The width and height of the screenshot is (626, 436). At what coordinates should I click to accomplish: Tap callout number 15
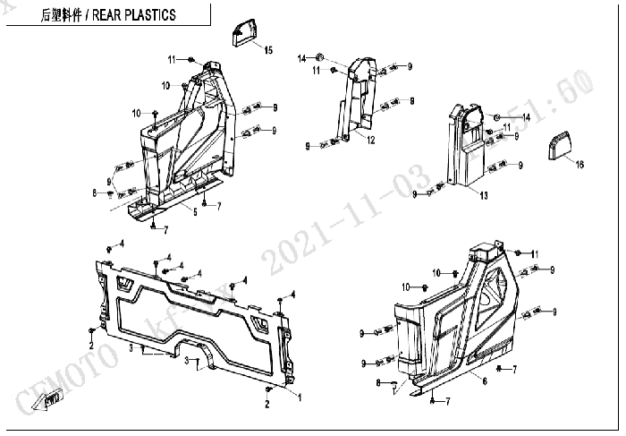click(x=268, y=50)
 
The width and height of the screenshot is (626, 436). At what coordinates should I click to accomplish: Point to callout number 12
click(x=369, y=140)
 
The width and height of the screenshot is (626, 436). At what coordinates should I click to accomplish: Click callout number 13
click(x=483, y=195)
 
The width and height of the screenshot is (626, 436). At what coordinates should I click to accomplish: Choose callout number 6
click(x=484, y=382)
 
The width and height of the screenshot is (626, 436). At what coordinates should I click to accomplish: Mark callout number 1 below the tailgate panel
click(x=300, y=396)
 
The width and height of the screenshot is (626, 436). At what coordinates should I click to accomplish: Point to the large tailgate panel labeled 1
click(x=197, y=313)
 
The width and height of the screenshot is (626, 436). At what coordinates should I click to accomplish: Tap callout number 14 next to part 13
click(x=527, y=117)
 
